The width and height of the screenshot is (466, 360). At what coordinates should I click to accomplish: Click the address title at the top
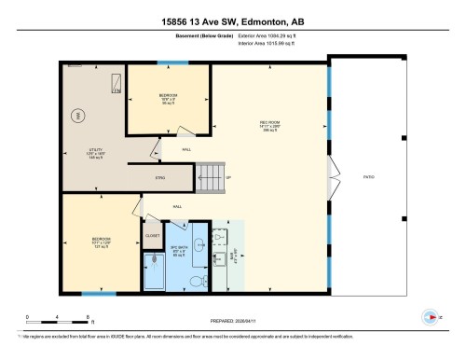(x=232, y=20)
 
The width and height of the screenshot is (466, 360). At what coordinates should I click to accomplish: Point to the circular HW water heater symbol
(x=79, y=116)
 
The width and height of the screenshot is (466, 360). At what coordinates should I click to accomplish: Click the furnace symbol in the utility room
(x=116, y=85)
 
